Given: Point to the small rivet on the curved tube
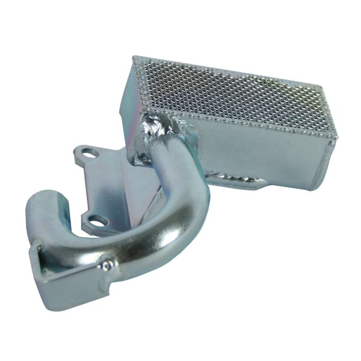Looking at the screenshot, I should point(107,265).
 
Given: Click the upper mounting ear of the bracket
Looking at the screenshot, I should point(85,152).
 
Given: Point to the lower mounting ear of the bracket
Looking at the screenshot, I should point(93,223).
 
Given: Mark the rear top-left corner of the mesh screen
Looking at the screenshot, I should point(135,58).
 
